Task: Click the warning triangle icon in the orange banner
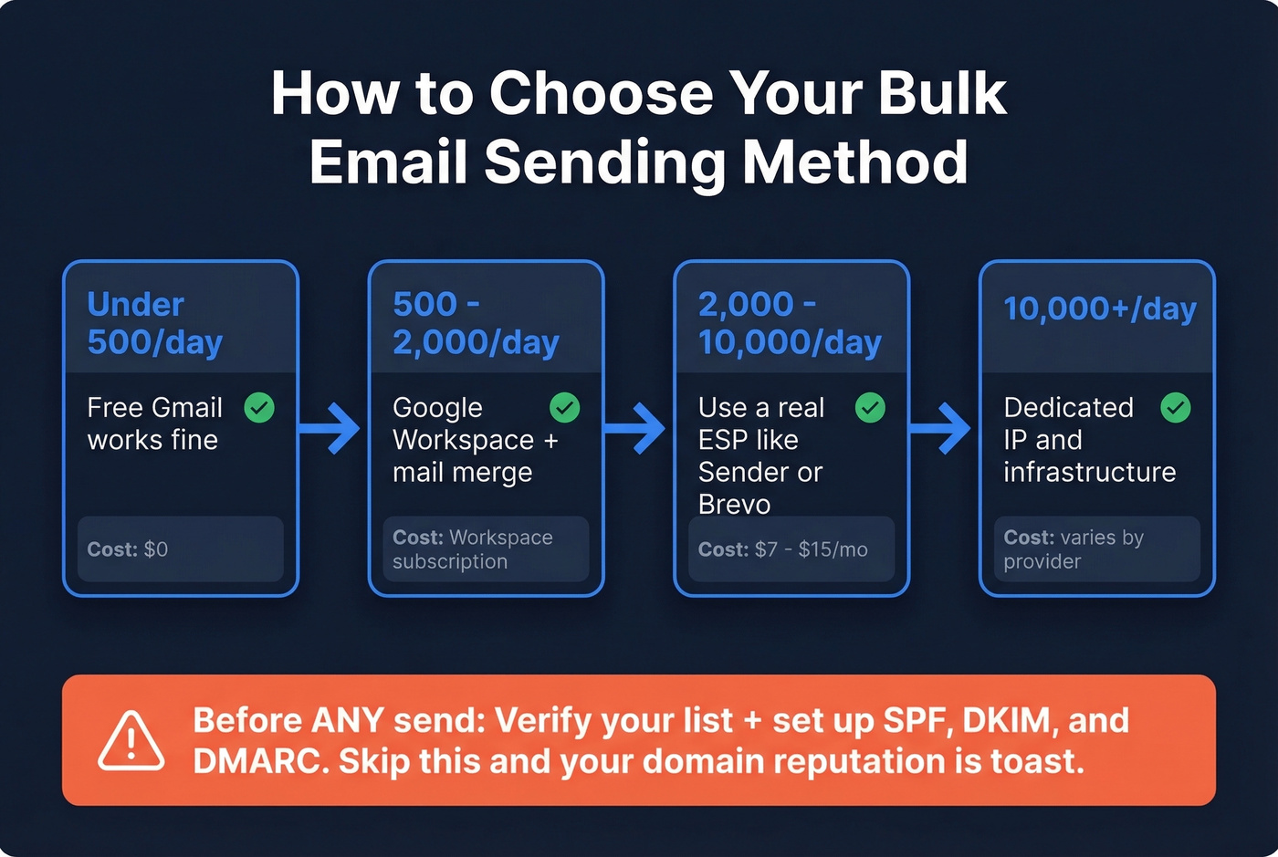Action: point(131,740)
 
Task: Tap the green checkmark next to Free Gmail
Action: point(259,408)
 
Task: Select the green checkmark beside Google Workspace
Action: point(565,408)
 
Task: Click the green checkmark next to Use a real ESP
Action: point(870,408)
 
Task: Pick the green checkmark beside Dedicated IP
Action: point(1176,408)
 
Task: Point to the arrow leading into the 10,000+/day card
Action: point(943,427)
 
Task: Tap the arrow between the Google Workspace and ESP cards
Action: point(637,427)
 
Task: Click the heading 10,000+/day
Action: point(1099,309)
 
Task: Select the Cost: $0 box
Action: point(181,549)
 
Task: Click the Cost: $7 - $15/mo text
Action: point(783,549)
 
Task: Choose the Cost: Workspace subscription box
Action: point(486,549)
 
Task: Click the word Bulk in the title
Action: point(942,93)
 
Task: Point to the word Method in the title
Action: point(854,162)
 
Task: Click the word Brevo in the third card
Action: point(734,504)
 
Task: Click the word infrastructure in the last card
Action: point(1089,472)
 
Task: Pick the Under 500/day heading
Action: point(154,323)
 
